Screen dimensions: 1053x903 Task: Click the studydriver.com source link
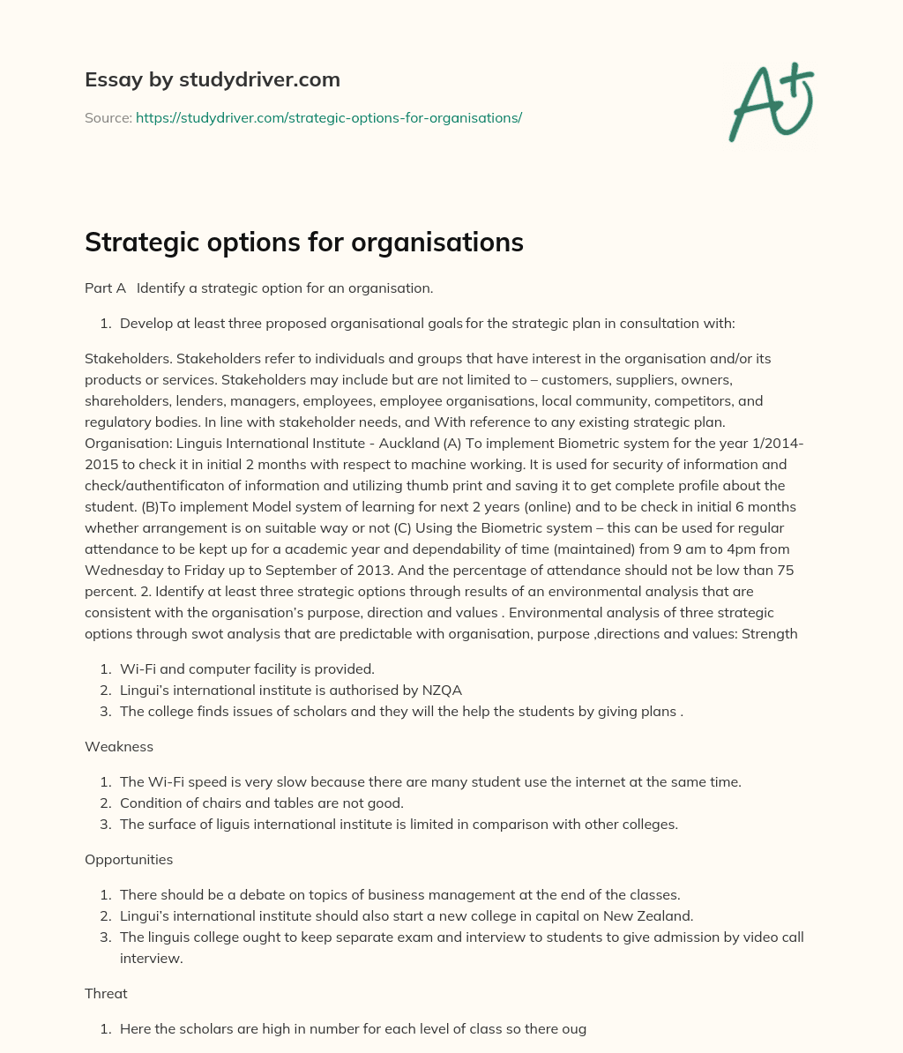(329, 117)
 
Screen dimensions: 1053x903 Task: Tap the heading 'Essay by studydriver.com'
(212, 80)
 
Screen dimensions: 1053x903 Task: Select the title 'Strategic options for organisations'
(303, 243)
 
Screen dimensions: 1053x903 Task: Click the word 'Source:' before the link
(108, 117)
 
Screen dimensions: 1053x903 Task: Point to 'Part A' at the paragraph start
(105, 288)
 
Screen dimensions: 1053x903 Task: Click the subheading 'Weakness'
(118, 746)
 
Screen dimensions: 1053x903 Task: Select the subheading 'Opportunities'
(129, 859)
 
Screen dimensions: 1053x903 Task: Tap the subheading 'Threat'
(106, 993)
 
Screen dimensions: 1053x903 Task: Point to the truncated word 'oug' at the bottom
(574, 1028)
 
